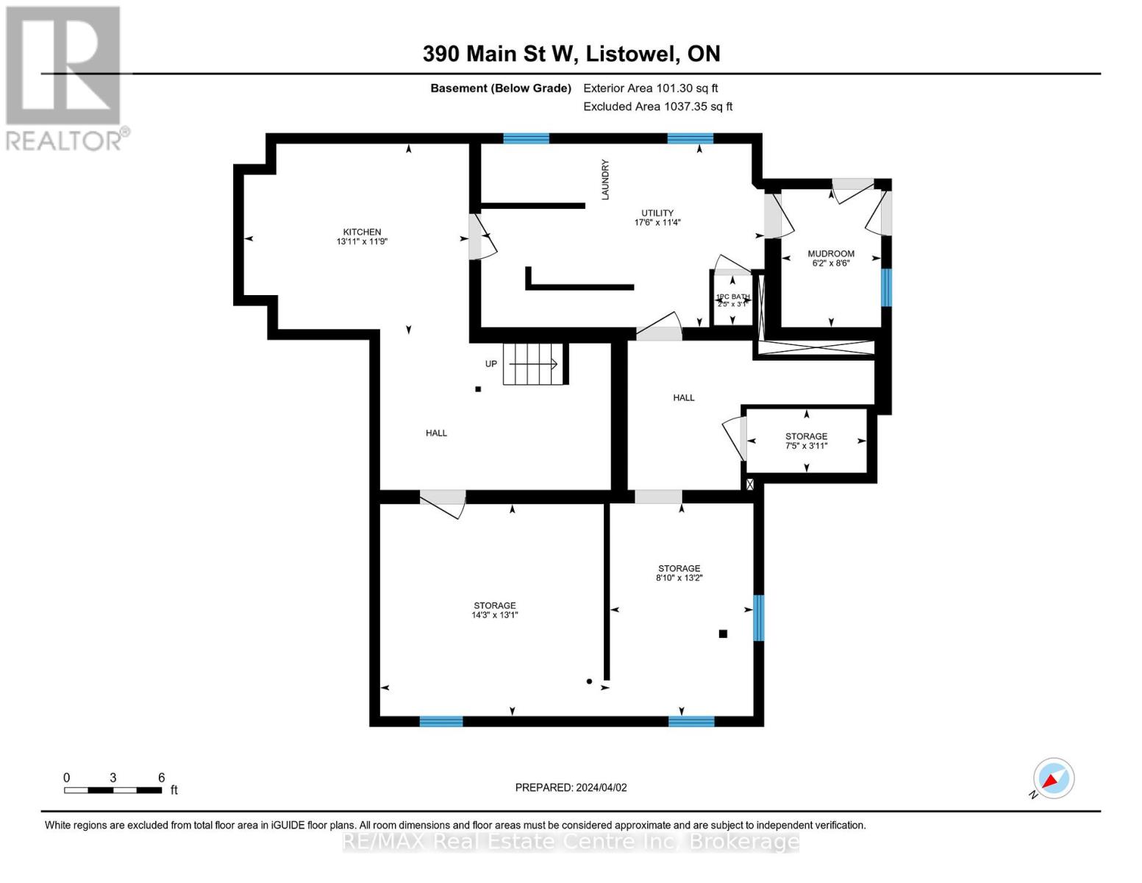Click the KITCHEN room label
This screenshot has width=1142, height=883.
coord(362,232)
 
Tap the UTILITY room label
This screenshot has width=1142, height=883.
coord(657,213)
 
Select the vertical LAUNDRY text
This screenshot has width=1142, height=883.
coord(605,180)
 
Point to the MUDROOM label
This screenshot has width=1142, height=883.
coord(831,253)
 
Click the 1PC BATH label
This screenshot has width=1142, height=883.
coord(732,297)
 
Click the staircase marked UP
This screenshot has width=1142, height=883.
coord(534,364)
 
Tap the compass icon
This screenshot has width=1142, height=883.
coord(1053,779)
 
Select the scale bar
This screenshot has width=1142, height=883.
coord(113,790)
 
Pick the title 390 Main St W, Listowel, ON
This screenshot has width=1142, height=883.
coord(571,54)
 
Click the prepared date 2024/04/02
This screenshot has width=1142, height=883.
coord(571,787)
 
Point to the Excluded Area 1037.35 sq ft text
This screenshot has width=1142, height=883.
coord(657,107)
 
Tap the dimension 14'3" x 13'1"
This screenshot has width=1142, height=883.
coord(495,615)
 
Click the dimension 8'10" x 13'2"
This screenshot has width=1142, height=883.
coord(679,578)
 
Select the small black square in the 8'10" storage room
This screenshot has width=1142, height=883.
coord(723,634)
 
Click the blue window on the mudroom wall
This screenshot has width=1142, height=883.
coord(886,287)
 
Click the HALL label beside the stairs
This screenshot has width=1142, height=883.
coord(436,433)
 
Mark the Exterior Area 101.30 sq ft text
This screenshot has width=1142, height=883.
coord(650,88)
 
